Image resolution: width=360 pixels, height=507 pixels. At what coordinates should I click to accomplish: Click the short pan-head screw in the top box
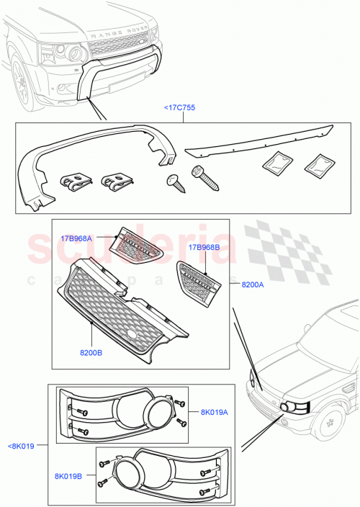coord(175,184)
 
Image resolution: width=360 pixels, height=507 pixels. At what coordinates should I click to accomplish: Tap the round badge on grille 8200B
coord(131,335)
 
